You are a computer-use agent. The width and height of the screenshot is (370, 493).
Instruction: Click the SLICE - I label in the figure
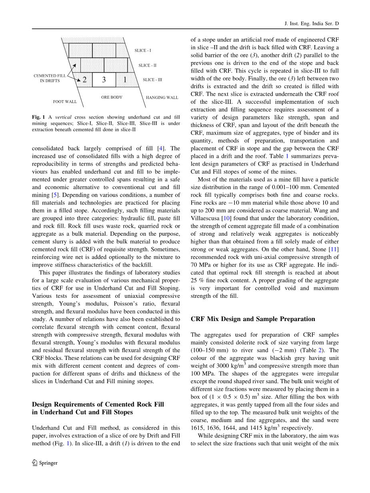point(143,51)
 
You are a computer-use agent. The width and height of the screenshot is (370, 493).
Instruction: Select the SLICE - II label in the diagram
point(147,65)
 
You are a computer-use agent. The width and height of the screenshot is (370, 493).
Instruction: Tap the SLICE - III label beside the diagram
point(152,80)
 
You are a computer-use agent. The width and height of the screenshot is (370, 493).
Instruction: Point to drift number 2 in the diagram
point(84,80)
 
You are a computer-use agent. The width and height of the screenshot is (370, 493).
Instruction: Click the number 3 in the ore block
point(104,80)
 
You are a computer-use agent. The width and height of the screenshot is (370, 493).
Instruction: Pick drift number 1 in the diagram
point(125,80)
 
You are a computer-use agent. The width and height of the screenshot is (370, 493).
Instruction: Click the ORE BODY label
point(112,97)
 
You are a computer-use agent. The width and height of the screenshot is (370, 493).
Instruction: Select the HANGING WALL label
point(162,97)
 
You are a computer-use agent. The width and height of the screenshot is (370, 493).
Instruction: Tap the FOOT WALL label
point(65,102)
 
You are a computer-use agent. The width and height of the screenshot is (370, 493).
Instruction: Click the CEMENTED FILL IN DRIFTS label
point(50,78)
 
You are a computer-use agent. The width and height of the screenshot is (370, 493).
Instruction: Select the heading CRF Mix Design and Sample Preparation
point(253,319)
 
